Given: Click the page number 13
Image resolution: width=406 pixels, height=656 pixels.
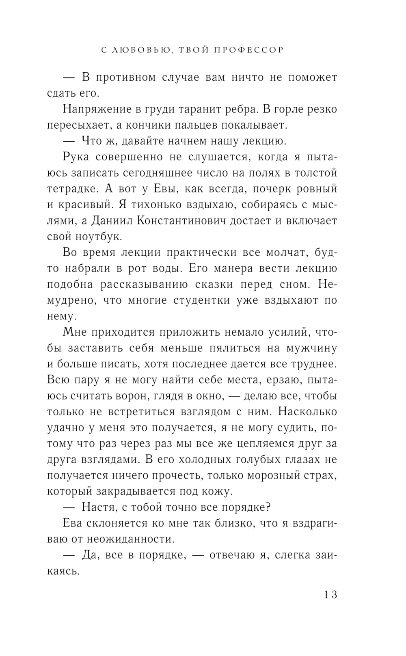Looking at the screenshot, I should point(330,595).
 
